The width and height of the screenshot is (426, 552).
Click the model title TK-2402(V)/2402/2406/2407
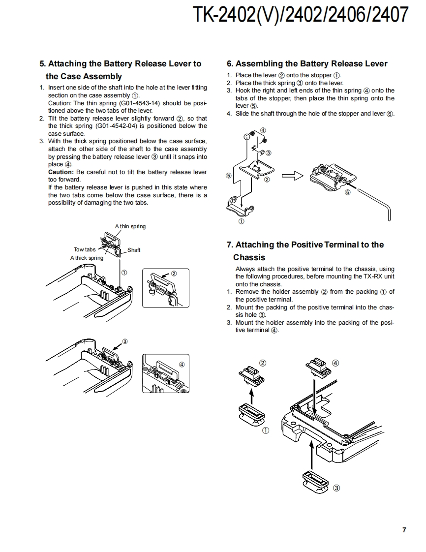tap(301, 15)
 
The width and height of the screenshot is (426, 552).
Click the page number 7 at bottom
tap(404, 530)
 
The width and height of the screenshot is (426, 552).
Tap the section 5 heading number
tap(42, 63)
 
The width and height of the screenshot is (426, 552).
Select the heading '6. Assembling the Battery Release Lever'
tap(307, 63)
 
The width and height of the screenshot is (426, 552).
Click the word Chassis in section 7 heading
tap(249, 257)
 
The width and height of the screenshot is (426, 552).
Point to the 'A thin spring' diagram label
tap(130, 226)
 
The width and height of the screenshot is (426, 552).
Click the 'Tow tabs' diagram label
tap(85, 249)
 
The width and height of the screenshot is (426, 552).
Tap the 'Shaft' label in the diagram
tap(134, 250)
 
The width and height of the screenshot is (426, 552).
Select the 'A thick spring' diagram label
tap(87, 258)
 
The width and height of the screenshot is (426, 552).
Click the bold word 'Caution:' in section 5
tap(61, 172)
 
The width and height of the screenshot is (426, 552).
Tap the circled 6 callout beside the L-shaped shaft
tap(348, 192)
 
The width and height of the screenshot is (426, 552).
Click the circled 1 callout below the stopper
tap(242, 222)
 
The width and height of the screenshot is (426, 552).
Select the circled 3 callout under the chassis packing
tap(336, 488)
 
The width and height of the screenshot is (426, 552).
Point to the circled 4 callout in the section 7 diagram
tap(335, 363)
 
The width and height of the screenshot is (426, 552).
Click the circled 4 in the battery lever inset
tap(182, 365)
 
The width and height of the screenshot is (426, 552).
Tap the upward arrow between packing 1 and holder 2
tap(251, 395)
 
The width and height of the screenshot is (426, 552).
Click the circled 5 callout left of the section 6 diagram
tap(228, 175)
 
